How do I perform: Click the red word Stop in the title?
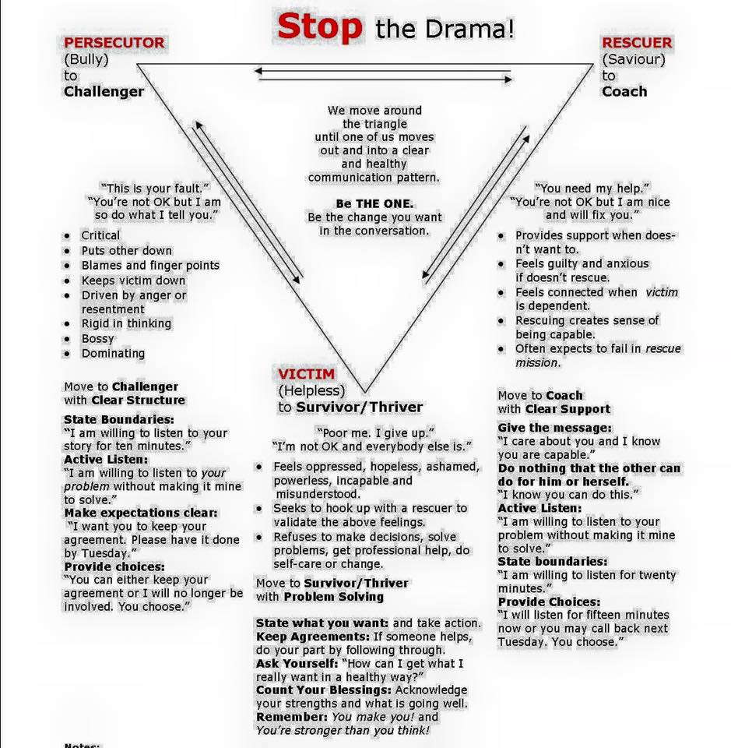[320, 26]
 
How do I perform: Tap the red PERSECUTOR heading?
[114, 42]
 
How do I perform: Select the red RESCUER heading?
[637, 42]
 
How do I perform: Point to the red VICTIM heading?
[307, 373]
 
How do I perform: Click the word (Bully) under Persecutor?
[86, 60]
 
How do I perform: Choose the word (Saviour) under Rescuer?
[634, 60]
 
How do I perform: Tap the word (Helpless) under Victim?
[311, 390]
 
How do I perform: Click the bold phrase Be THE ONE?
[374, 203]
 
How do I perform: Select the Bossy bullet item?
[97, 339]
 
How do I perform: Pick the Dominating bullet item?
[113, 354]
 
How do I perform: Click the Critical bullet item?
[100, 235]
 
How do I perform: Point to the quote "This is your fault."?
[155, 188]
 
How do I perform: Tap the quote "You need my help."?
[592, 188]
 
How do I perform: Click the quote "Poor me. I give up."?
[375, 432]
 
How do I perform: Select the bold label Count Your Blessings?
[324, 690]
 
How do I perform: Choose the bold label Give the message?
[555, 428]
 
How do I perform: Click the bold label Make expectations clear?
[141, 513]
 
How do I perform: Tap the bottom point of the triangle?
[365, 393]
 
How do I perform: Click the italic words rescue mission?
[598, 355]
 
